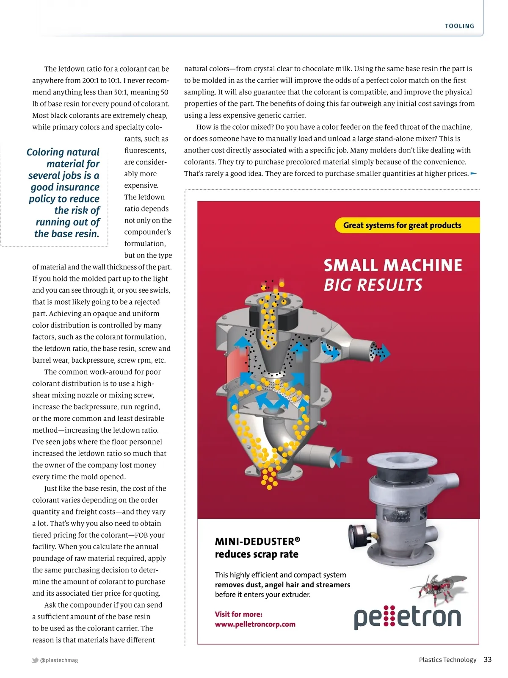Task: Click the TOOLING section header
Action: [x=459, y=26]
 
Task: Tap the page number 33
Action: [x=488, y=659]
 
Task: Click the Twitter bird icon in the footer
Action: [x=35, y=660]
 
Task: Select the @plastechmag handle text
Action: [x=59, y=660]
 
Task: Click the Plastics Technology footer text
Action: [x=447, y=660]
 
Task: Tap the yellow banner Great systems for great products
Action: [x=402, y=225]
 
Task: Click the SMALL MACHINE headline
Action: [x=393, y=265]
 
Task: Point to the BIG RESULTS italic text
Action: [x=373, y=285]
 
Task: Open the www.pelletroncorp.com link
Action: [x=255, y=624]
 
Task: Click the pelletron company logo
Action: [x=407, y=617]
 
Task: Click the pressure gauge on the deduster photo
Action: [x=359, y=535]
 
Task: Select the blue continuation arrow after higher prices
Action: [x=474, y=173]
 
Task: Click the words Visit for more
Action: [x=238, y=614]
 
